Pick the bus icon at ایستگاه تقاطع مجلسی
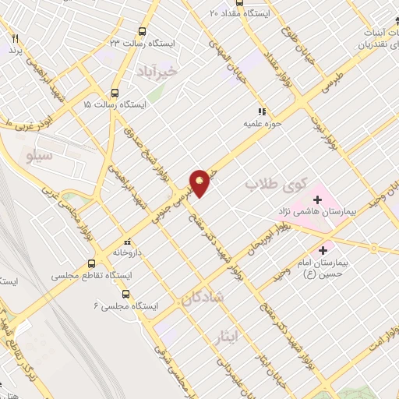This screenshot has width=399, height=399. [x=92, y=263]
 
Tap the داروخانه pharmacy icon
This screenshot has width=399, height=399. [x=127, y=243]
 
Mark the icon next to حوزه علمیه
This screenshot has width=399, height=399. [x=263, y=111]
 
